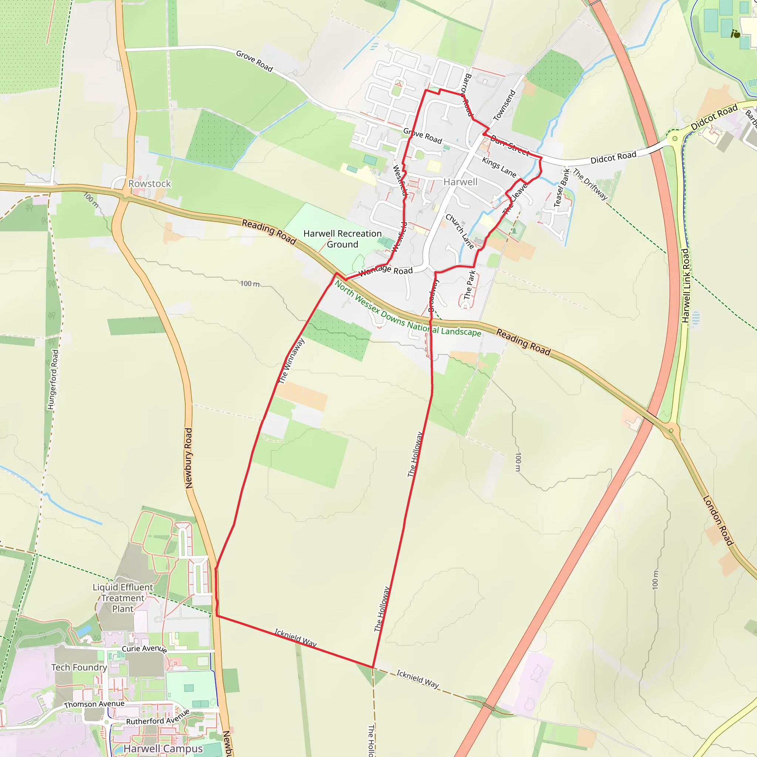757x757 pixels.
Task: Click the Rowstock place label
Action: click(150, 183)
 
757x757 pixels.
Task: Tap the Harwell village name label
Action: click(461, 182)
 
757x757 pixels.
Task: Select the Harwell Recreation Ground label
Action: click(342, 239)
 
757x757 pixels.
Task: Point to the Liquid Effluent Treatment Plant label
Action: click(123, 598)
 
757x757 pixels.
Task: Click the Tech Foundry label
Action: click(79, 667)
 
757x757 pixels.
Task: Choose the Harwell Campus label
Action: click(163, 749)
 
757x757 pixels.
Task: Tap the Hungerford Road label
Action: click(53, 380)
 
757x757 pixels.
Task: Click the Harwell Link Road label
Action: click(685, 286)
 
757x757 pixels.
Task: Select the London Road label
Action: click(718, 521)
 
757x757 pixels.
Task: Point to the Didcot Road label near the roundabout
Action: click(714, 117)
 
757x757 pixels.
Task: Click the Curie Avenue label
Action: click(145, 649)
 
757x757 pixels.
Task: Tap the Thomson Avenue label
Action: click(94, 704)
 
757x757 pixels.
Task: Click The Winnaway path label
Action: click(292, 361)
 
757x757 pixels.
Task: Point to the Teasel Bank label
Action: click(561, 188)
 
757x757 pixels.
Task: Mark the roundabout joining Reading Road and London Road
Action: click(671, 431)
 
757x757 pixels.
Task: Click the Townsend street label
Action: click(505, 105)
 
